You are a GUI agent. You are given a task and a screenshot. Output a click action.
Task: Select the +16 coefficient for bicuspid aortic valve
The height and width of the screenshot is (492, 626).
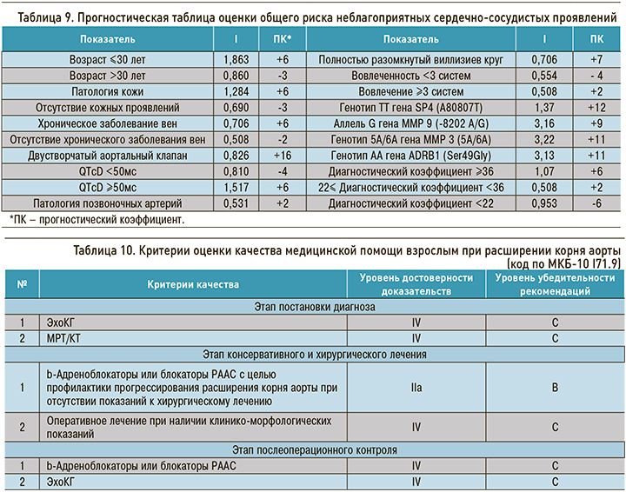(x=283, y=155)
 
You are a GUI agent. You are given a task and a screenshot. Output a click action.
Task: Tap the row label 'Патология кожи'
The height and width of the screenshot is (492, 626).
(x=114, y=91)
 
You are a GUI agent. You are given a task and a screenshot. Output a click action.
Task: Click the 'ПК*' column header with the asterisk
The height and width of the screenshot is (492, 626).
(x=283, y=40)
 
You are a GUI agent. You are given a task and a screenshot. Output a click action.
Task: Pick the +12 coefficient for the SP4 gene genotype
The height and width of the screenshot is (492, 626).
(x=596, y=107)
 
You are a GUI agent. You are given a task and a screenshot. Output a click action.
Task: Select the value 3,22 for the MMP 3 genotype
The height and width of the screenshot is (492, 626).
(x=544, y=139)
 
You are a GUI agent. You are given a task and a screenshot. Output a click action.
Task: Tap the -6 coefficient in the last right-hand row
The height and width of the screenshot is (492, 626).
(x=596, y=202)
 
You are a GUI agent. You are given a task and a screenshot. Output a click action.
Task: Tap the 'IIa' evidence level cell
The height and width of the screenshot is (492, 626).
(x=416, y=385)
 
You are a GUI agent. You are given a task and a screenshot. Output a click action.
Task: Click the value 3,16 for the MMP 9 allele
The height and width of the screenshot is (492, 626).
(x=544, y=123)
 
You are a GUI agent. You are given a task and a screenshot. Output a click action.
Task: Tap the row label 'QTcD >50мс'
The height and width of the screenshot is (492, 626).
(x=114, y=186)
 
